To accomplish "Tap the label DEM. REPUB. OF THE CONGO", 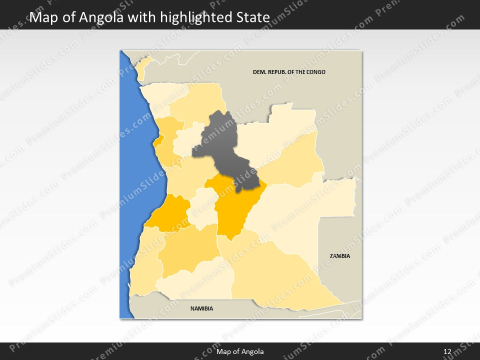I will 289,72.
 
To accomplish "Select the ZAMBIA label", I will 340,256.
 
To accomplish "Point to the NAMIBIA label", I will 201,308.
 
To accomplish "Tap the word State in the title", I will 253,18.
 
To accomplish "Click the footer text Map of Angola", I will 240,351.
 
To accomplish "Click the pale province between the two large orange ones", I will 202,207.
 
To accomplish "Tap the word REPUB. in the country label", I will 278,72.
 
